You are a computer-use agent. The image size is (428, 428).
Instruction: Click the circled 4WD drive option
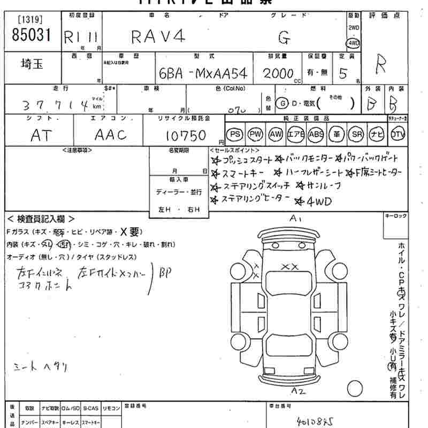click(353, 43)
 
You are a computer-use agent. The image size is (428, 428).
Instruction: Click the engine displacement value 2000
click(278, 73)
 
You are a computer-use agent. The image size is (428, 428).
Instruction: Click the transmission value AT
click(41, 135)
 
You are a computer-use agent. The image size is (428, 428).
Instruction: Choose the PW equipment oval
click(255, 134)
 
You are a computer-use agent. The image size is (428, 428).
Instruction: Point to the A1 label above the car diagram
click(296, 218)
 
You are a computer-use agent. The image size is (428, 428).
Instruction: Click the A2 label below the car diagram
click(298, 392)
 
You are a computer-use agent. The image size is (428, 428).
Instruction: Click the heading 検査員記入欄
click(41, 219)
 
